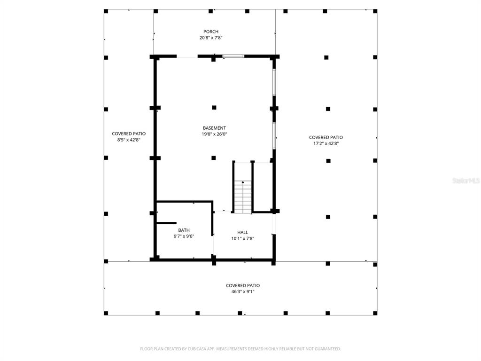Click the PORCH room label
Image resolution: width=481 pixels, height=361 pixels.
pos(211,31)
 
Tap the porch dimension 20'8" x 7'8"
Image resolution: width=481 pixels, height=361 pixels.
pos(211,38)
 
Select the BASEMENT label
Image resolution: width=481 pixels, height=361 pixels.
pos(214,128)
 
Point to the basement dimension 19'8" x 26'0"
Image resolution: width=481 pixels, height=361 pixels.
pos(214,134)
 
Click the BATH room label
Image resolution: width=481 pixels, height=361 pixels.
pos(184,230)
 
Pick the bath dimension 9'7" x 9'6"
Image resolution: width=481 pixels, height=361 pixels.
pos(184,236)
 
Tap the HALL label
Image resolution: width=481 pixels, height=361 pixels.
pos(242,232)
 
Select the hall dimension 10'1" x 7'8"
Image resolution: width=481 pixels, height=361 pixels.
pos(242,238)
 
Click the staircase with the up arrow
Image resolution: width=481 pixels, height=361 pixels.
pos(243,196)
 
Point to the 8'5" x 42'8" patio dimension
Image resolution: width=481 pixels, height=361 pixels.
pos(129,140)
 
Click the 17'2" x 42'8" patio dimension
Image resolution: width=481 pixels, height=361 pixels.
pos(326,143)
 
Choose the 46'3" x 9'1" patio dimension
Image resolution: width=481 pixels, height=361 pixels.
pos(242,291)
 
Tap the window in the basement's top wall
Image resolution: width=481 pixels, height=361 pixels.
pos(233,56)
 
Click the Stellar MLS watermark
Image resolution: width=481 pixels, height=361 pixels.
pos(466,180)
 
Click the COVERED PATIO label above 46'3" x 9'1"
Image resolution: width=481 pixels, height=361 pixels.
pos(242,285)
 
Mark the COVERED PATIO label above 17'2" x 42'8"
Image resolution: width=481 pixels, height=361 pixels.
pos(326,137)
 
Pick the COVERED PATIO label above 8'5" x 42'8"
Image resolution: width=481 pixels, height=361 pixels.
pos(129,133)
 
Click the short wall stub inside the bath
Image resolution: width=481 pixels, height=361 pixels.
pos(166,223)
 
